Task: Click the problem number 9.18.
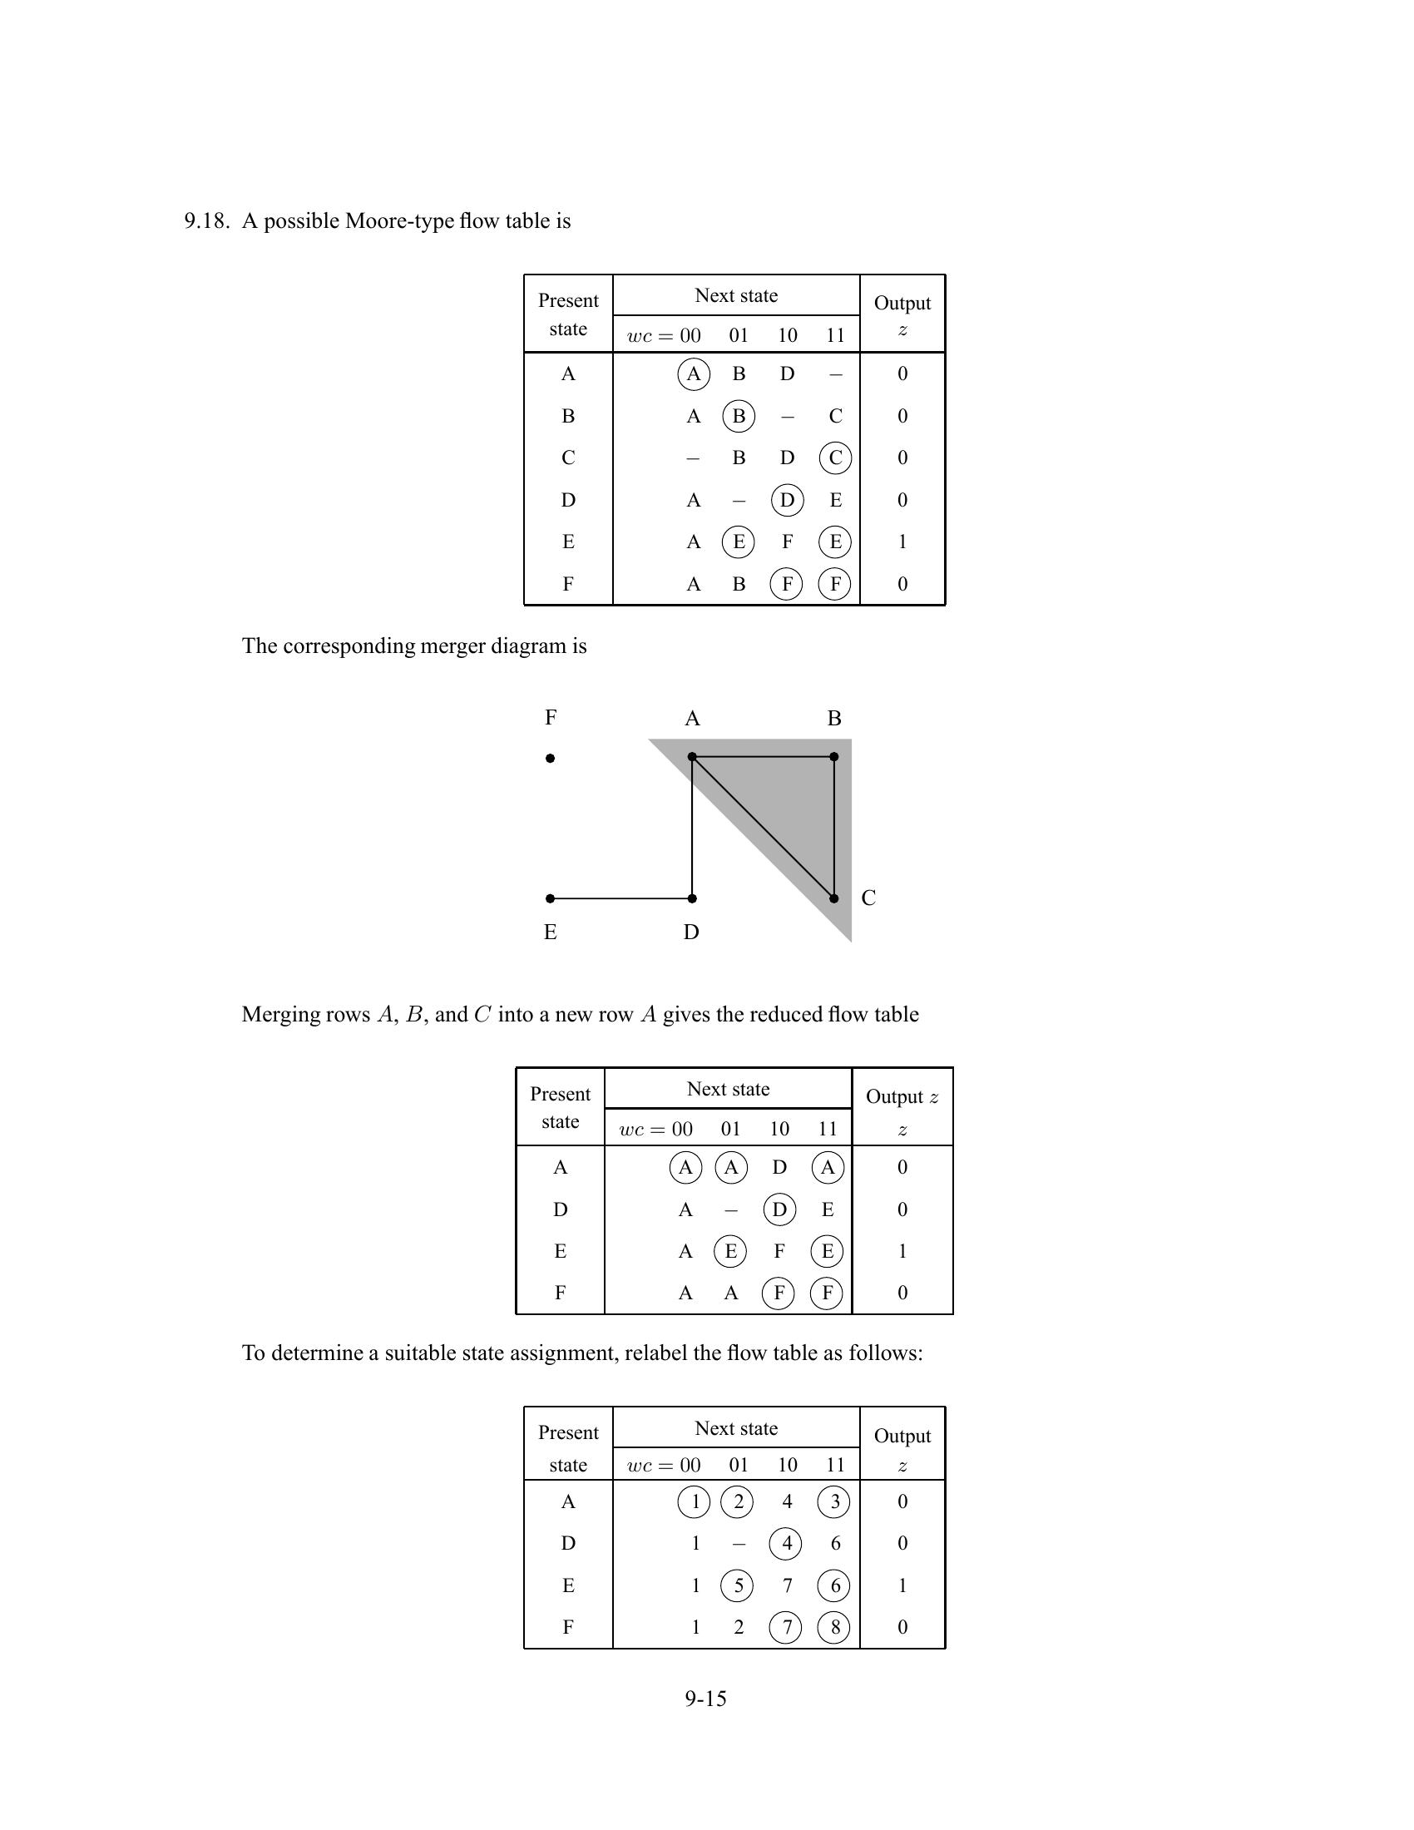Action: point(206,221)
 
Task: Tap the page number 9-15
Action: point(705,1699)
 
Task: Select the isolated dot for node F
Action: point(551,759)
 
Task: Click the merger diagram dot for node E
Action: point(551,898)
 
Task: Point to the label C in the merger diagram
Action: point(868,898)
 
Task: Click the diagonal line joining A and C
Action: point(762,827)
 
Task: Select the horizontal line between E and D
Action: point(620,898)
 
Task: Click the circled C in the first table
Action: point(835,457)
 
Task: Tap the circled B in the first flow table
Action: point(738,416)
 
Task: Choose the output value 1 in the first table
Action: point(902,542)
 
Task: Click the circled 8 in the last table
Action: point(834,1627)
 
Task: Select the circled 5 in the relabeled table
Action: point(738,1585)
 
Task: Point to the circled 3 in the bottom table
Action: point(834,1501)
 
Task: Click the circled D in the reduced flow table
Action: point(779,1209)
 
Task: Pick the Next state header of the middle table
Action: point(728,1089)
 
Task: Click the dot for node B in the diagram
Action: point(834,757)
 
